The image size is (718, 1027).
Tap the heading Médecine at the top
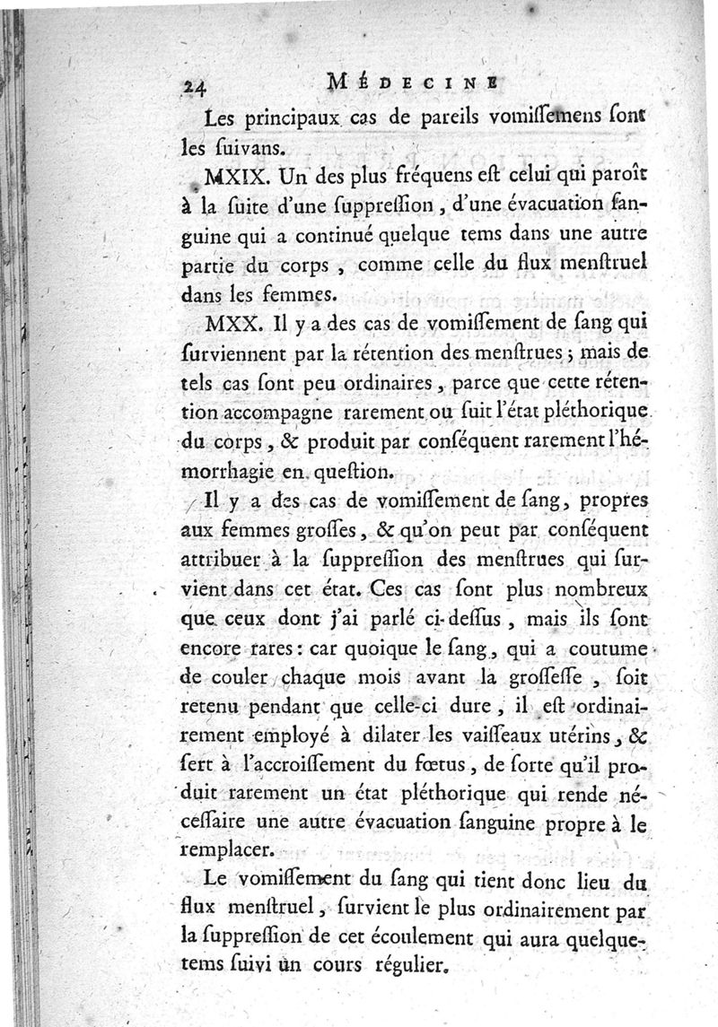click(408, 82)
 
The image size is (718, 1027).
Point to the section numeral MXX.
click(230, 323)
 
